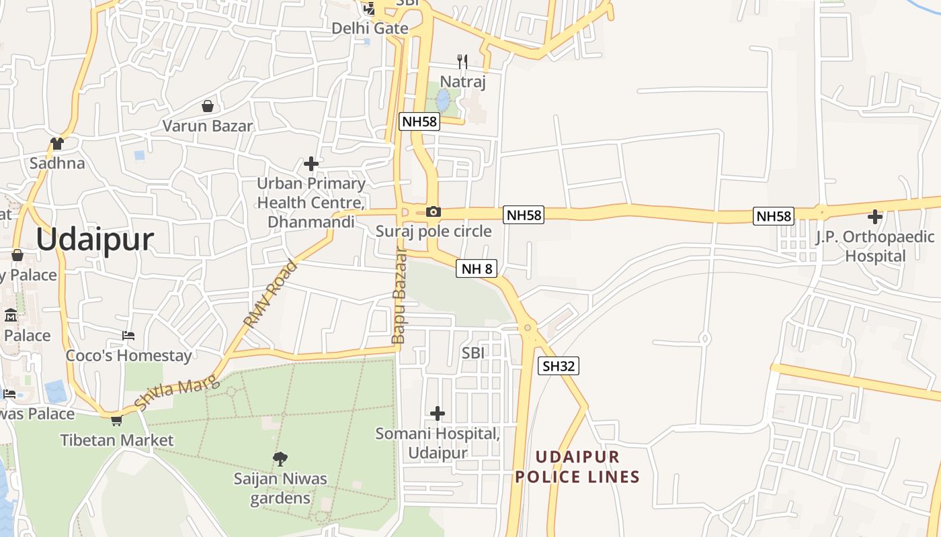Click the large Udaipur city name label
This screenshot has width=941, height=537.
pos(95,240)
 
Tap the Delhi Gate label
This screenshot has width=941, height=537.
pos(370,28)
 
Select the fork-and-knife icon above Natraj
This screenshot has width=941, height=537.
pos(462,62)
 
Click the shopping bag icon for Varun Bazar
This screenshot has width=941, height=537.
pos(208,106)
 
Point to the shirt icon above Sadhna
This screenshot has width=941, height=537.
pos(57,144)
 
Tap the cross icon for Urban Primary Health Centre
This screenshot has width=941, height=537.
pos(311,163)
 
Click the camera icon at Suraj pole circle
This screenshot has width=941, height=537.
pos(434,212)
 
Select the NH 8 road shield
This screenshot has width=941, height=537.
pos(477,269)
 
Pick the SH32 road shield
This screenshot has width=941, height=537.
pos(559,366)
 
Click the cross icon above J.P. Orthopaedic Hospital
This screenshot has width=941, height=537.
pos(874,217)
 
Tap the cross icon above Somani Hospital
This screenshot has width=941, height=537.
pos(438,413)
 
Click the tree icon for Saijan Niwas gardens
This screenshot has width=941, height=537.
pos(280,459)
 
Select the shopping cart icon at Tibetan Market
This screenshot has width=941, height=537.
pos(116,421)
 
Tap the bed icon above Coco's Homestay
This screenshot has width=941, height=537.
pos(128,335)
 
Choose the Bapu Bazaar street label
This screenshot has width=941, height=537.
pos(399,295)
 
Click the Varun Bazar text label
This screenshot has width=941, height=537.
pos(208,126)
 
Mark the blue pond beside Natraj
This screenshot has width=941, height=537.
pos(443,101)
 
